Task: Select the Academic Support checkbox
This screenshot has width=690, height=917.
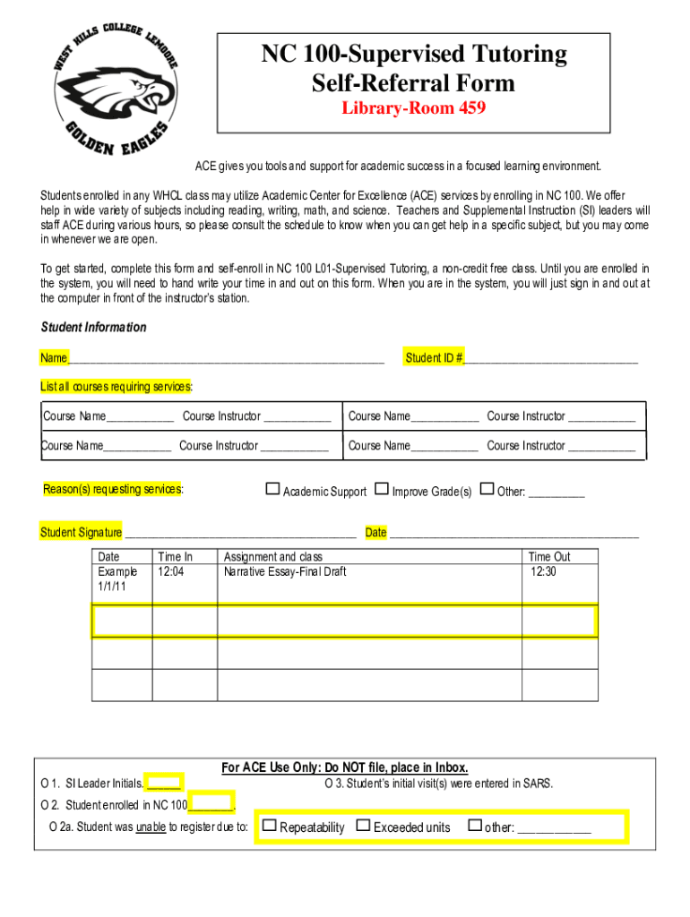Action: (272, 489)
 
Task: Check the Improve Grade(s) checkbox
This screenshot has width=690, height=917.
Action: (382, 489)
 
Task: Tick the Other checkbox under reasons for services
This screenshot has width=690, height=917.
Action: (487, 489)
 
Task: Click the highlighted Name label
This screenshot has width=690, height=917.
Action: (54, 358)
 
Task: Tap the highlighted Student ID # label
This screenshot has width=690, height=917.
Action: (434, 358)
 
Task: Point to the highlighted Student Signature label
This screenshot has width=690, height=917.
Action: (81, 533)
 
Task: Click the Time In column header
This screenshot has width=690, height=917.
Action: (175, 557)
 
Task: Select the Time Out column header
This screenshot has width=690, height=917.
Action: (548, 557)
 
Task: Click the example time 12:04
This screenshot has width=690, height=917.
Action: (170, 571)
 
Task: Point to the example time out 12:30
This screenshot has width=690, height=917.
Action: (543, 571)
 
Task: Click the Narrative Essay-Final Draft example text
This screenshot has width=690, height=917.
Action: (284, 571)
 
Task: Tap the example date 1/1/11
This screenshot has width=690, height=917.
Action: (112, 586)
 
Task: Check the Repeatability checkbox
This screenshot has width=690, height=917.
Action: (269, 826)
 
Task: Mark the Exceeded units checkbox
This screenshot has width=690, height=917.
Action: (363, 826)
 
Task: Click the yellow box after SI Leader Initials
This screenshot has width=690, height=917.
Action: (164, 783)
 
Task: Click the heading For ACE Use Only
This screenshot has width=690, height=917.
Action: (344, 767)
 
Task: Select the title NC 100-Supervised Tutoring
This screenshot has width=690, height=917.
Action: (413, 55)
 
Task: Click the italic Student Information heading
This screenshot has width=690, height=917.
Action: (93, 328)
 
